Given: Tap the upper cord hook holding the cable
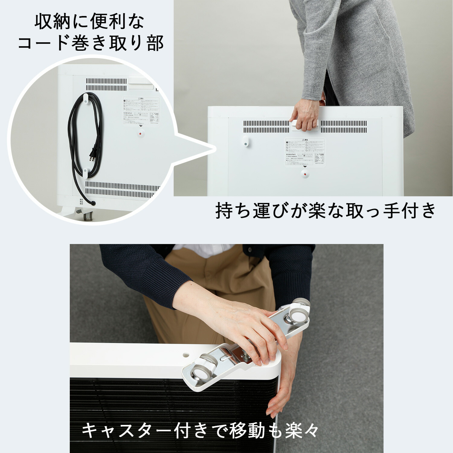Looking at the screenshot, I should (85, 98).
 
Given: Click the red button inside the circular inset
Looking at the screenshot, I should (140, 134).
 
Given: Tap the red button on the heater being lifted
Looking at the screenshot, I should (305, 174).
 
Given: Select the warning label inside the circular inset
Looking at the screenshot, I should (141, 111).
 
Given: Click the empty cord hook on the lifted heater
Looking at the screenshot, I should (246, 141).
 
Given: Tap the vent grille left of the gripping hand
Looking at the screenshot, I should (266, 127).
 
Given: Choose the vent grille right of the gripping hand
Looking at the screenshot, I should (344, 127).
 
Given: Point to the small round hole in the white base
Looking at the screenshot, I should (185, 352).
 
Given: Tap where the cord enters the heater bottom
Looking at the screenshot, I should (93, 203).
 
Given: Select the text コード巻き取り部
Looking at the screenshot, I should (91, 43).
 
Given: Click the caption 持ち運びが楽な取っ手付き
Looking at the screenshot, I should (326, 211).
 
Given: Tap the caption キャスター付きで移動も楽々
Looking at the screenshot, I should (200, 431).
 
